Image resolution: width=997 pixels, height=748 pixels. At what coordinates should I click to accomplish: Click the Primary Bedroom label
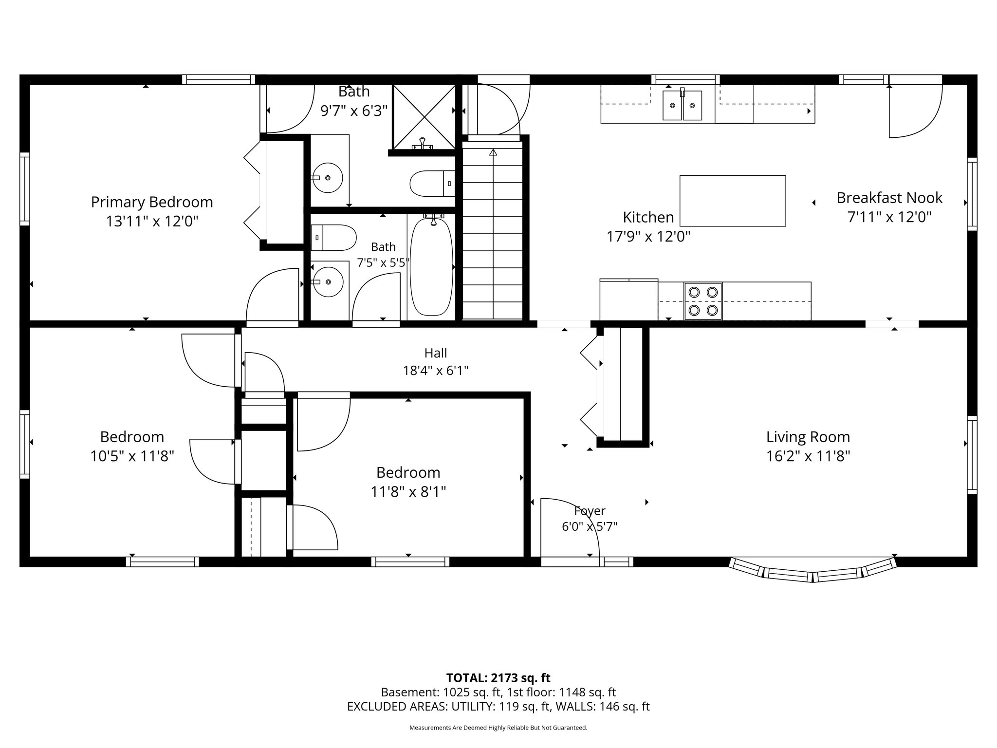pos(152,202)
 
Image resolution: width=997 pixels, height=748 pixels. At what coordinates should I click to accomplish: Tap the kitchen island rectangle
pos(733,201)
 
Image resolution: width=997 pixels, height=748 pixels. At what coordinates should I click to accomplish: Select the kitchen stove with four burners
pos(703,301)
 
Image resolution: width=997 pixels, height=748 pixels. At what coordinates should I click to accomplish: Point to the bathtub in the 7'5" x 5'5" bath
pos(432,267)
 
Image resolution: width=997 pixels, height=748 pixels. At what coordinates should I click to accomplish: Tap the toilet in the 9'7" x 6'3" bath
pos(432,184)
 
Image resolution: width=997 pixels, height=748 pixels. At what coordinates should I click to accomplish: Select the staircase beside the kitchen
pos(493,231)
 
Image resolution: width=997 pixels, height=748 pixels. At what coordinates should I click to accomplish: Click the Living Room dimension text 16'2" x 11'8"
pos(808,456)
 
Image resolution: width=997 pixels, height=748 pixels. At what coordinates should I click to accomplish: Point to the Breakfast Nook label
pos(889,198)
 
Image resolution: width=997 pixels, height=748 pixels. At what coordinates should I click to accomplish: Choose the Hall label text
pos(436,353)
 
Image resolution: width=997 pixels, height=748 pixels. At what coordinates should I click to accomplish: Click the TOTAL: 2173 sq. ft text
pos(498,678)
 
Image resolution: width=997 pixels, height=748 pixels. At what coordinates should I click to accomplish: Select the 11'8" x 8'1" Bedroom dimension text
pos(408,492)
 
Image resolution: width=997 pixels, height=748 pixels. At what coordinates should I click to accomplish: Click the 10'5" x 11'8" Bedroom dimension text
pos(132,456)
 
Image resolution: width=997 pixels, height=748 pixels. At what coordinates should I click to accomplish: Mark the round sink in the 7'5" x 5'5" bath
pos(328,282)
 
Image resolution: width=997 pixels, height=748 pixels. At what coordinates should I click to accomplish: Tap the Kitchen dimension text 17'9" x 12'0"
pos(648,237)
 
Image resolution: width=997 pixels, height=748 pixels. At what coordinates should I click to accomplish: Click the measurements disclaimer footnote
pos(498,728)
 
